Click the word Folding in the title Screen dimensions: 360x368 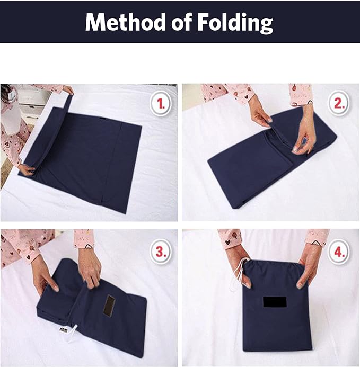[235, 23]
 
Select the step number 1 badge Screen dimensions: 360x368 [161, 103]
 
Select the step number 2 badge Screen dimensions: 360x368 [339, 103]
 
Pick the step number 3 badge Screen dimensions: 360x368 [161, 252]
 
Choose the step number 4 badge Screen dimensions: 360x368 [339, 252]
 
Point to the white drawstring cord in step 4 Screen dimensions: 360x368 [239, 275]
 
